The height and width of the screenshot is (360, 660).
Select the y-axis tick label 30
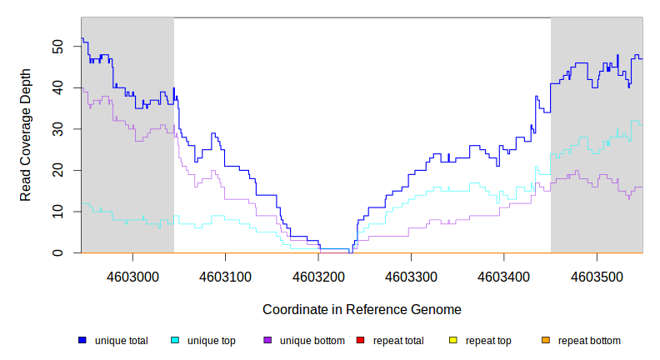[57, 129]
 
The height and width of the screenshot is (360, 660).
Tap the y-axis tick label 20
[57, 170]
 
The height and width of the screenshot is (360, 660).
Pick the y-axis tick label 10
[57, 212]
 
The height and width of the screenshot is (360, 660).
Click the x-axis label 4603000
[133, 276]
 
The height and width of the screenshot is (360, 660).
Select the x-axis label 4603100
[226, 276]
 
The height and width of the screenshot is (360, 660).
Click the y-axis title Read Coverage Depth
[26, 135]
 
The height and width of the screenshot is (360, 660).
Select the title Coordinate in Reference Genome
[362, 310]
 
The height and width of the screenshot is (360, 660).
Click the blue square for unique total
[82, 340]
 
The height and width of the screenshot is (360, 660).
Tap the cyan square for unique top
[175, 340]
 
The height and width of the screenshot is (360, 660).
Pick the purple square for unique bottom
[267, 340]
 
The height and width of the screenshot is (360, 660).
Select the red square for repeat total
[360, 340]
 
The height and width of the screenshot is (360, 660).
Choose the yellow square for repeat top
[452, 340]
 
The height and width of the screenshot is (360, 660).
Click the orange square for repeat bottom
[545, 340]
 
